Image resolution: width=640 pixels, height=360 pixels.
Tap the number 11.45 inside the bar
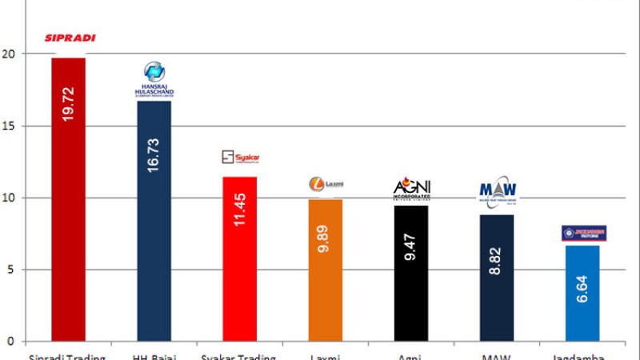tap(239, 209)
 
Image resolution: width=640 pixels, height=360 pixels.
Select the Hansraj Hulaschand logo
tap(154, 80)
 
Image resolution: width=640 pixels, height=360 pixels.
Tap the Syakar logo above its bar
tap(240, 158)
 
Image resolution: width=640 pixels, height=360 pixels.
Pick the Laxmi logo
tap(326, 184)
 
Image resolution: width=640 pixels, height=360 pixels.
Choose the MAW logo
tap(498, 192)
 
